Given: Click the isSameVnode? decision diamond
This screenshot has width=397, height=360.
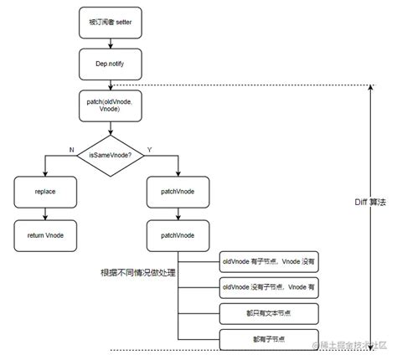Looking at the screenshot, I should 111,153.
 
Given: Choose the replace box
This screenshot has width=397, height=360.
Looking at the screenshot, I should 46,192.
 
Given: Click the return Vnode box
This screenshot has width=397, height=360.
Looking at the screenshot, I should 46,235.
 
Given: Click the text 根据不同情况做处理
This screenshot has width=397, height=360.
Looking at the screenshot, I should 137,273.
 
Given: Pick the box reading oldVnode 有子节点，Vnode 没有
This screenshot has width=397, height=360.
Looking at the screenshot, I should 269,261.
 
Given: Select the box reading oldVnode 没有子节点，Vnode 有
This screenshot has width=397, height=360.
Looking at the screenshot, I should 269,288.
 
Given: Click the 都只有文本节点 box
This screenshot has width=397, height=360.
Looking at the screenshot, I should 269,314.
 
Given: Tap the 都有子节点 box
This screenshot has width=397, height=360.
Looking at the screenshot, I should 269,340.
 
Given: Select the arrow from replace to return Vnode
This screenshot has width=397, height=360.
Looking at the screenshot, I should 46,213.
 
